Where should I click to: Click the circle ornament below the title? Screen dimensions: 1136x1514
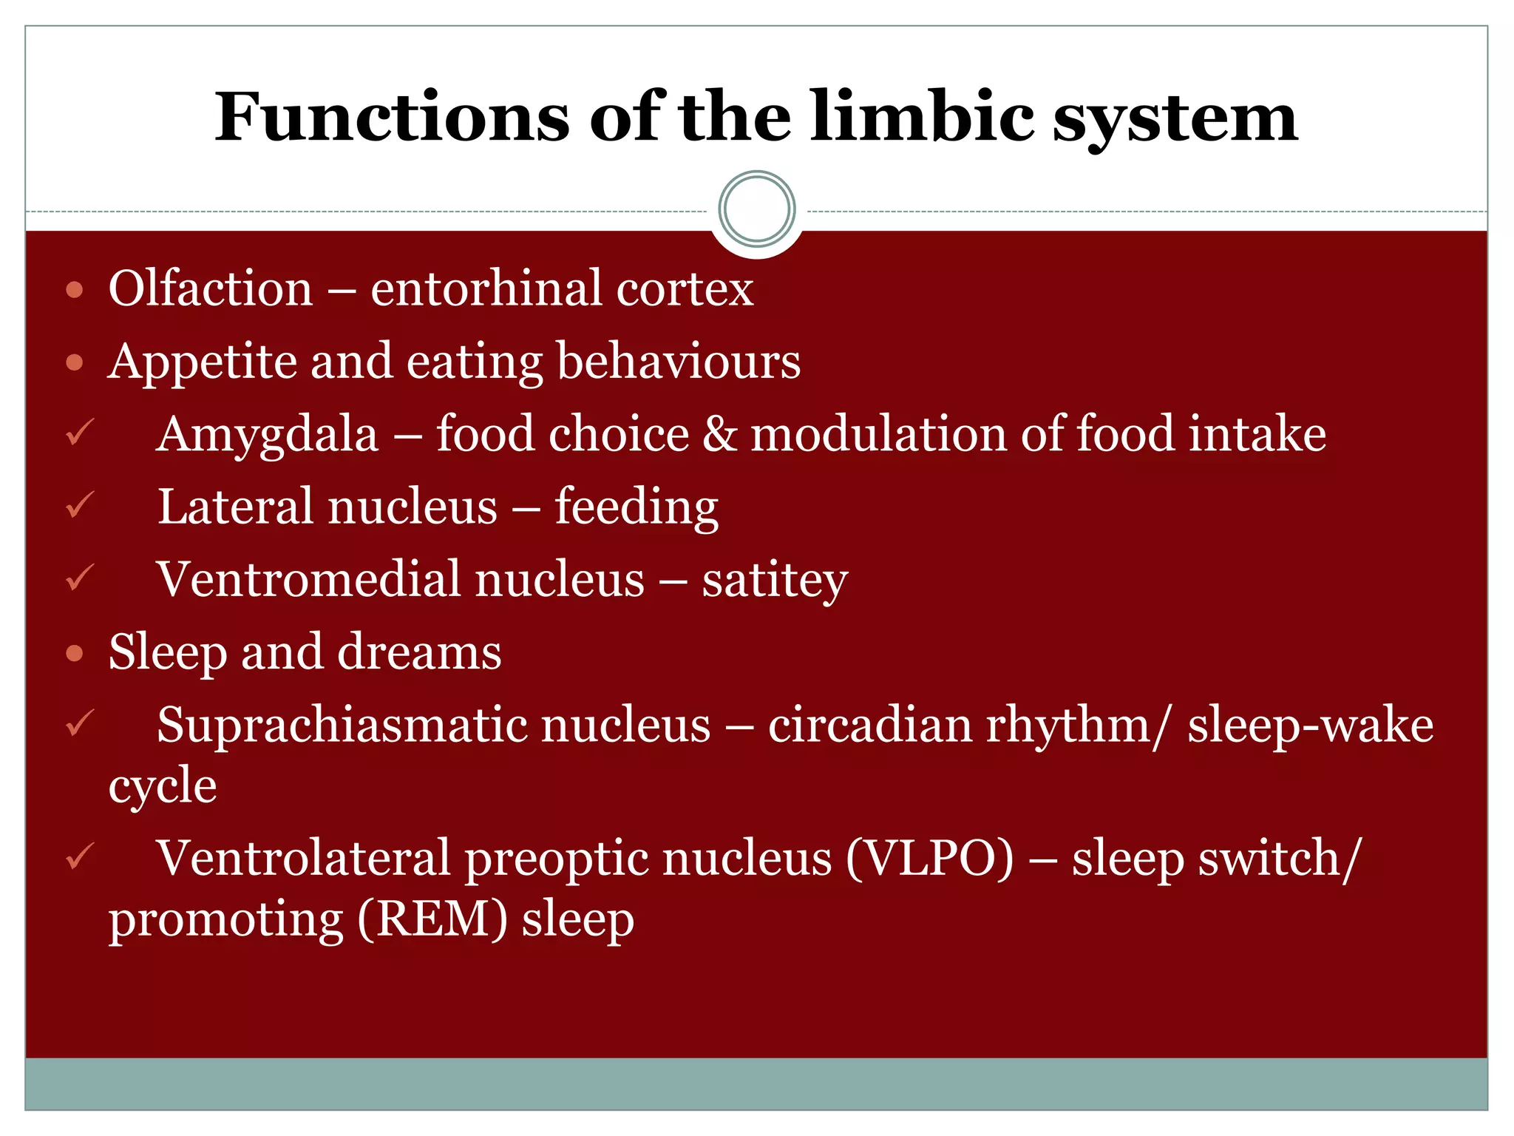756,209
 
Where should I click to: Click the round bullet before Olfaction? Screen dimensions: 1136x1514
74,290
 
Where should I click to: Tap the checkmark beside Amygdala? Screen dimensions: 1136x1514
79,433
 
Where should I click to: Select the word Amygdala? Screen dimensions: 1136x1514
268,435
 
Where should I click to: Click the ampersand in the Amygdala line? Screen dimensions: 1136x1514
719,433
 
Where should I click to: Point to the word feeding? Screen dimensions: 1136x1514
637,507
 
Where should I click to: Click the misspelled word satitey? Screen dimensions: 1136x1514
775,580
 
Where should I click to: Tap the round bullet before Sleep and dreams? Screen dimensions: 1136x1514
74,653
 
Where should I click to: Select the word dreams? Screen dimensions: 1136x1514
419,652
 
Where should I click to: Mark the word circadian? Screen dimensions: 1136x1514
869,725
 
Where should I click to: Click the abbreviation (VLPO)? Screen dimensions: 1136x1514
929,859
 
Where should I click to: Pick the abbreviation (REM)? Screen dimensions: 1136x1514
433,919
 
